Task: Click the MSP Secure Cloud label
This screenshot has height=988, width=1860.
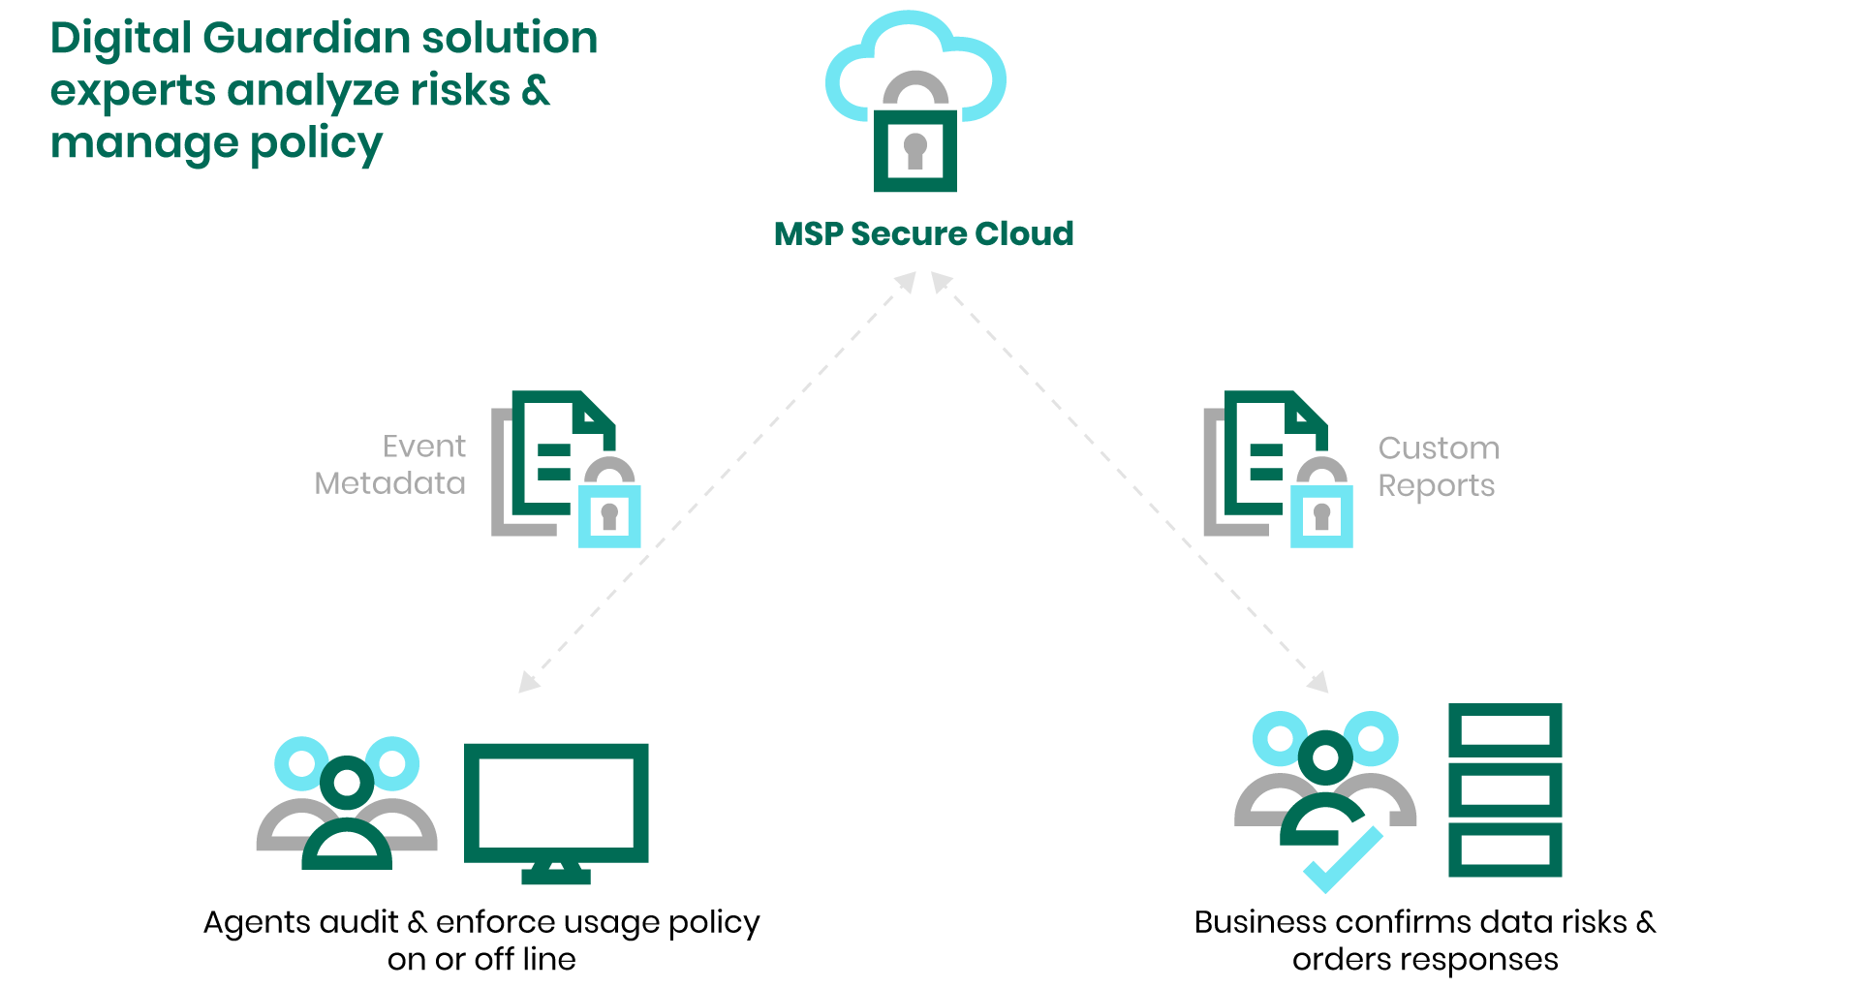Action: pyautogui.click(x=923, y=233)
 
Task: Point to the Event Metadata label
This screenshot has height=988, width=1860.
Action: pyautogui.click(x=391, y=465)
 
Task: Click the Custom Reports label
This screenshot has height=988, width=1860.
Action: pyautogui.click(x=1438, y=467)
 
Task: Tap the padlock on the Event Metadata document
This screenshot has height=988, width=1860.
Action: pyautogui.click(x=609, y=513)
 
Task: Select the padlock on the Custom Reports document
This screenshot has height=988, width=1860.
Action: pyautogui.click(x=1321, y=513)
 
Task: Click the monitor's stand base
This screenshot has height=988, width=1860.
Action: pyautogui.click(x=556, y=877)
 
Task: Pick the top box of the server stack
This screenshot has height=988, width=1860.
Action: pyautogui.click(x=1504, y=729)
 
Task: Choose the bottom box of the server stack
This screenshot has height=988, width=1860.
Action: pyautogui.click(x=1504, y=849)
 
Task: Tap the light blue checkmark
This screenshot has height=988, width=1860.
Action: pyautogui.click(x=1344, y=859)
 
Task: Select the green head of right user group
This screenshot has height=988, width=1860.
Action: pyautogui.click(x=1325, y=757)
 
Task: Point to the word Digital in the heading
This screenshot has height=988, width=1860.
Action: pyautogui.click(x=120, y=39)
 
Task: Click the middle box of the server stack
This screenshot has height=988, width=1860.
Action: pyautogui.click(x=1504, y=789)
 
